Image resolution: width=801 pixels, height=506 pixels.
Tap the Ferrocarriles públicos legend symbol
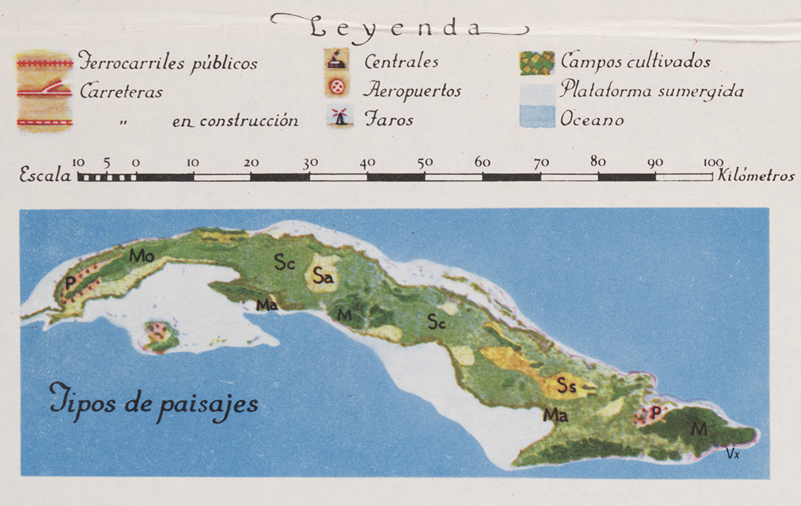tap(45, 63)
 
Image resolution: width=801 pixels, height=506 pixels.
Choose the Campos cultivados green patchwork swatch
tap(537, 63)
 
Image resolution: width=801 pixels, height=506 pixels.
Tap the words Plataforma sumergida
tap(651, 90)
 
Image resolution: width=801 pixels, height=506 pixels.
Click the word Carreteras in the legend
tap(121, 91)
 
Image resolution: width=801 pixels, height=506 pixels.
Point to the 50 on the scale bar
tap(425, 163)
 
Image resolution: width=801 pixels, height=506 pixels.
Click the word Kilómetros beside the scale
tap(756, 175)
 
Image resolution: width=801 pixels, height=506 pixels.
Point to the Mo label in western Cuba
tap(141, 256)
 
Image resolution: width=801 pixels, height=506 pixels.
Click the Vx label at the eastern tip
tap(732, 453)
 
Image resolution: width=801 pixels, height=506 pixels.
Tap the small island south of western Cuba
tap(160, 335)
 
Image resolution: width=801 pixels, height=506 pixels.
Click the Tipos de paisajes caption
tap(153, 402)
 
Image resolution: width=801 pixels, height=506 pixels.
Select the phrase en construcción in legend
tap(235, 121)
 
